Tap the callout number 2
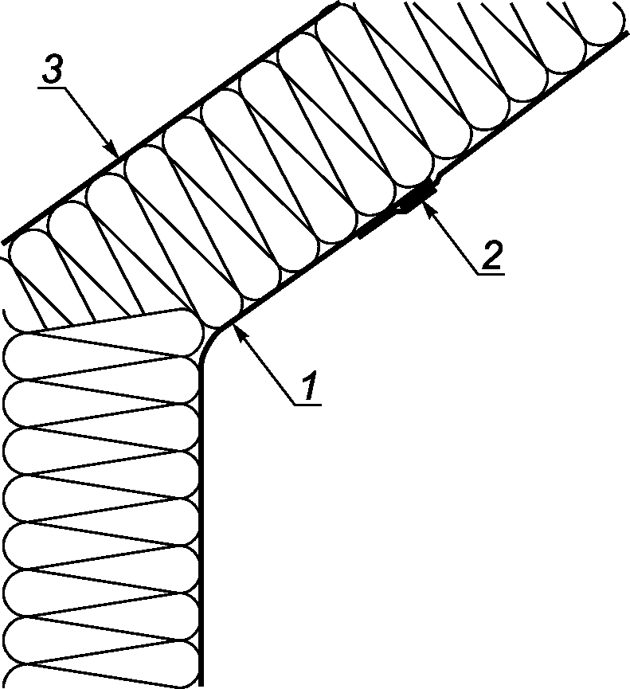pyautogui.click(x=491, y=255)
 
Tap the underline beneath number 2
pyautogui.click(x=491, y=274)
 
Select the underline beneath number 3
pyautogui.click(x=53, y=88)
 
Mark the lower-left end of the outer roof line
pyautogui.click(x=5, y=241)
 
